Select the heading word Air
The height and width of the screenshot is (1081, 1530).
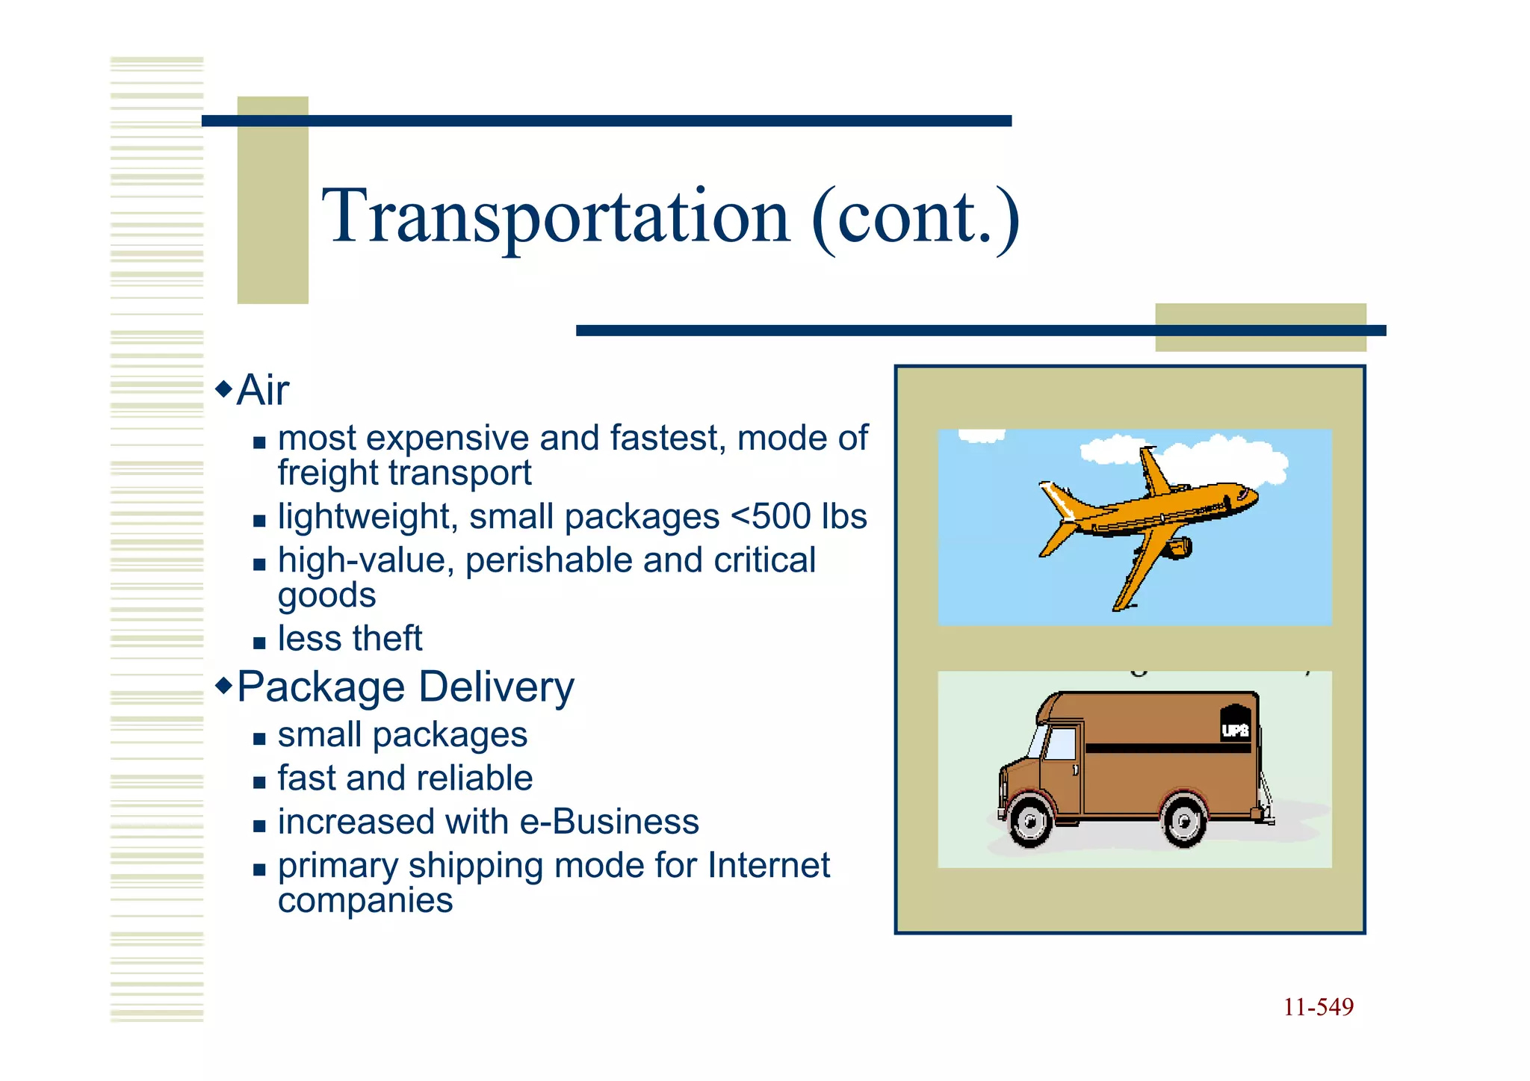click(x=262, y=391)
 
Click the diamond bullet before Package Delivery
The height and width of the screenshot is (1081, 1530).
click(x=223, y=685)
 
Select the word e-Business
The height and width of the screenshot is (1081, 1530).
click(x=609, y=823)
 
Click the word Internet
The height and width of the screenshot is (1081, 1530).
click(x=768, y=866)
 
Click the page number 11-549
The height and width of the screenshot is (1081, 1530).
click(x=1318, y=1008)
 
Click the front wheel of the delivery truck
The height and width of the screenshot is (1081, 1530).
click(x=1031, y=822)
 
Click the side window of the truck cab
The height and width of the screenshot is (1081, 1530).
click(x=1060, y=744)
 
